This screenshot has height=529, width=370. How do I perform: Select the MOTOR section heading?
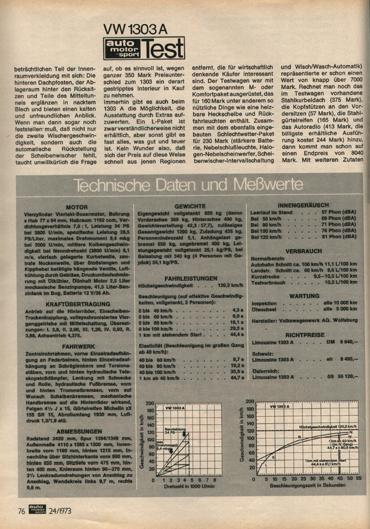[77, 207]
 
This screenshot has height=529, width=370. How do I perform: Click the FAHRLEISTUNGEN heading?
[191, 278]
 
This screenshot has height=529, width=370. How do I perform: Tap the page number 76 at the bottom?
[21, 510]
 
